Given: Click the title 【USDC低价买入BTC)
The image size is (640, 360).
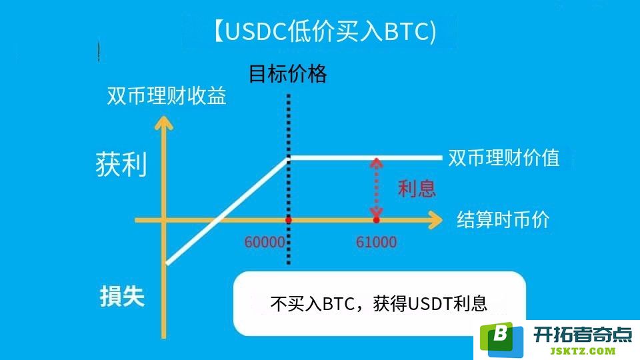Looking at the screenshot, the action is click(325, 31).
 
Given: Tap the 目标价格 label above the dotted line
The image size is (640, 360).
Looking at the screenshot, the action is click(288, 74).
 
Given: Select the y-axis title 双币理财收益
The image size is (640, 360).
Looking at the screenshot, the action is click(167, 96).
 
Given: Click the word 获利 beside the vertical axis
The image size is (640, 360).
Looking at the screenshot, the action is click(121, 165).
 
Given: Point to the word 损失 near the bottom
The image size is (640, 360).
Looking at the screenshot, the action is click(123, 296).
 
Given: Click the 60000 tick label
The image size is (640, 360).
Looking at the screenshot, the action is click(265, 243).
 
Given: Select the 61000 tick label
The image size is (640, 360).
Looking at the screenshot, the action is click(376, 243).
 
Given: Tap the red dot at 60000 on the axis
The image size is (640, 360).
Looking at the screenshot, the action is click(289, 220).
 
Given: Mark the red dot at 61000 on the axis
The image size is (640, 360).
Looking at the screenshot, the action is click(376, 220).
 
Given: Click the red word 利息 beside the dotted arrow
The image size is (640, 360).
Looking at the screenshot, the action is click(417, 189).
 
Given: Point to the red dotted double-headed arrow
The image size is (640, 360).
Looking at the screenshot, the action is click(376, 187).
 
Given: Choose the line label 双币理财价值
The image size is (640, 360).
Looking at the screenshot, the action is click(504, 157).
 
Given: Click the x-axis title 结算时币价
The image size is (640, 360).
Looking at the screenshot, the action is click(503, 219).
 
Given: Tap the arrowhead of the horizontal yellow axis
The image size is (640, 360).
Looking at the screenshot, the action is click(435, 220).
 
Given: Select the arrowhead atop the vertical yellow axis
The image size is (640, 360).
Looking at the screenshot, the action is click(164, 123).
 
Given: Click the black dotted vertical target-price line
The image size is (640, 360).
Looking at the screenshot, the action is click(289, 179).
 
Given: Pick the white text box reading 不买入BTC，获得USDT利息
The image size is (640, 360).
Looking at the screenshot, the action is click(379, 303).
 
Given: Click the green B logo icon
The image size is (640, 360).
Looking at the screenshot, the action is click(501, 338).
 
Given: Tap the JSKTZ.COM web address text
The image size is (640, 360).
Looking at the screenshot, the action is click(583, 351).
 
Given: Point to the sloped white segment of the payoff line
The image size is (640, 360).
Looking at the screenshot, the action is click(227, 211).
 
